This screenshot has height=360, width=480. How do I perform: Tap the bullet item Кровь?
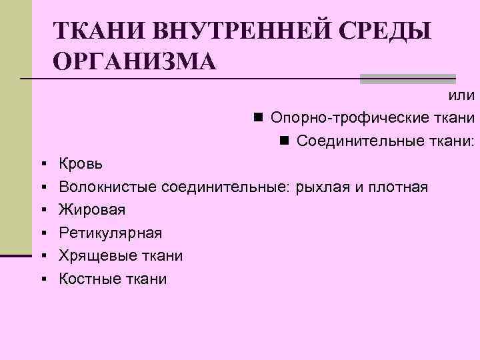[x=79, y=163]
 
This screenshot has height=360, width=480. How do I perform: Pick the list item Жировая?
[x=92, y=210]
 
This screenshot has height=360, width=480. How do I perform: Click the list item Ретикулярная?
[x=110, y=233]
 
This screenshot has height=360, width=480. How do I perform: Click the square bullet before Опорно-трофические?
[x=257, y=118]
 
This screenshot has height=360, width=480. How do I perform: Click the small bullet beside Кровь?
[x=43, y=163]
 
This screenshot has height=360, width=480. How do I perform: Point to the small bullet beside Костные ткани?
[x=43, y=279]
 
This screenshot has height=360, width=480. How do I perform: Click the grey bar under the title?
[x=407, y=79]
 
